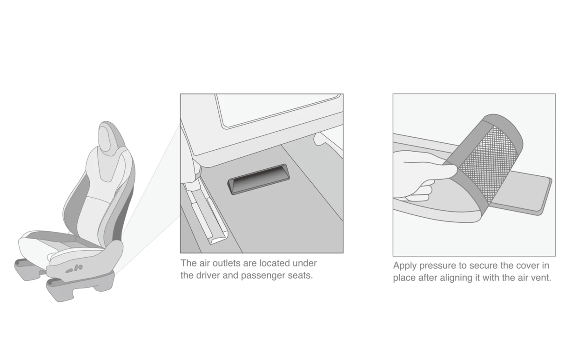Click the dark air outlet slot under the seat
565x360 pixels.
click(x=259, y=179)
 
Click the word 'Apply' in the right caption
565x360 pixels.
click(x=404, y=266)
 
